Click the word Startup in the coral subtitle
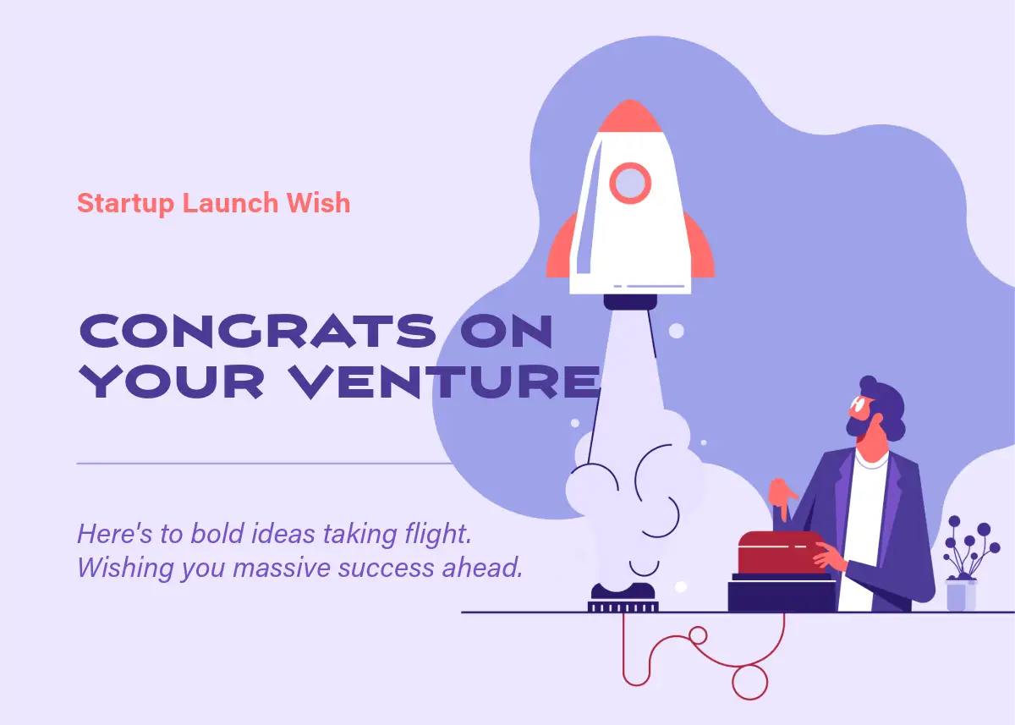point(125,203)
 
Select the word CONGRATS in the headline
point(257,331)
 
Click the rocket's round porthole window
point(630,183)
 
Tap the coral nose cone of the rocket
point(630,116)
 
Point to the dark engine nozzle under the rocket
point(630,302)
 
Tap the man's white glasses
point(859,404)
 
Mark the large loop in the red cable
point(750,683)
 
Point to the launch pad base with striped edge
point(623,607)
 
